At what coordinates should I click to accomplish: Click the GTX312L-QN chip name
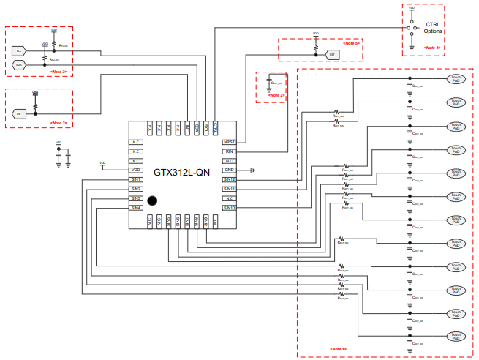click(x=184, y=173)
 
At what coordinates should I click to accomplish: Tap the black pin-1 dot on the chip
click(x=154, y=200)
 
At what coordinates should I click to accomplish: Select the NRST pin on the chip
click(x=229, y=141)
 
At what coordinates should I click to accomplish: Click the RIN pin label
click(x=229, y=151)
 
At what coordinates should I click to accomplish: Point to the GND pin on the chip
click(x=229, y=170)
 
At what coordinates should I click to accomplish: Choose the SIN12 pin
click(x=229, y=179)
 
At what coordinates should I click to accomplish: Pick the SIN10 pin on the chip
click(x=229, y=208)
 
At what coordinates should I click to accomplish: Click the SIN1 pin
click(x=135, y=179)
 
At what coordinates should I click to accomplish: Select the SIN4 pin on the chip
click(x=135, y=208)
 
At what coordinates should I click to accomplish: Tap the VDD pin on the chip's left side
click(x=135, y=170)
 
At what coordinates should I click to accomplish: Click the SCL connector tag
click(x=20, y=50)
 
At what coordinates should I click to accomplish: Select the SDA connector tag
click(x=20, y=64)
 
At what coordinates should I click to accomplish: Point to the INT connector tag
click(x=20, y=114)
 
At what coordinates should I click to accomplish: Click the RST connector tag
click(x=331, y=54)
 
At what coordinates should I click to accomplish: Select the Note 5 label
click(x=352, y=44)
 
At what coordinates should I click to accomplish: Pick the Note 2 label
click(x=276, y=95)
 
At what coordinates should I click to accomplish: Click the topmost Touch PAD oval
click(x=456, y=78)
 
